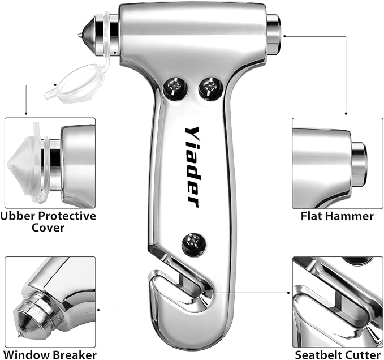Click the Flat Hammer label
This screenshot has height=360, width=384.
(x=337, y=216)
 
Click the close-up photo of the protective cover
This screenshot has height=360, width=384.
(x=50, y=162)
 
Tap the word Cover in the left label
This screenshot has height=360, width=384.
(x=49, y=228)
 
